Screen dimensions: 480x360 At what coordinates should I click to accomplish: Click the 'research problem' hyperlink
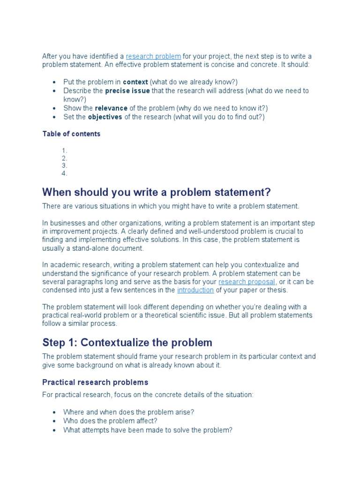tap(153, 56)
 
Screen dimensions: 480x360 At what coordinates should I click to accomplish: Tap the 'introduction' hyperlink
tap(195, 290)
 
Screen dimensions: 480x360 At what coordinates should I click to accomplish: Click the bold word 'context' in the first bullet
tap(135, 82)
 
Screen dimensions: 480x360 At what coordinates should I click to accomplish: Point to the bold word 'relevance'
tap(111, 108)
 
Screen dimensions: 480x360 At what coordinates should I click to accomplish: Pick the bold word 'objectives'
tap(105, 117)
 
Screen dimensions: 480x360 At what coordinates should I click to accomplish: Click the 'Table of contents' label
tap(71, 134)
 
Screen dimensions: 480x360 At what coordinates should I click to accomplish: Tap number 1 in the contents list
tap(64, 150)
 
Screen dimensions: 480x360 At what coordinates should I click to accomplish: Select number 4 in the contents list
tap(64, 173)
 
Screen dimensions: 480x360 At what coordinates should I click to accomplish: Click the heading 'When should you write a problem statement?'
tap(157, 192)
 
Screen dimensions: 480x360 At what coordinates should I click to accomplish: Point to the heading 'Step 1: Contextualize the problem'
tap(127, 342)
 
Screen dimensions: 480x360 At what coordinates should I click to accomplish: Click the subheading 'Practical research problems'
tap(95, 382)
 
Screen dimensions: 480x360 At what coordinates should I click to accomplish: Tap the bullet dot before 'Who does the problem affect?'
tap(55, 421)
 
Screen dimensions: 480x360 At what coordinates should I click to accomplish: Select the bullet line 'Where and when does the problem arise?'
tap(128, 412)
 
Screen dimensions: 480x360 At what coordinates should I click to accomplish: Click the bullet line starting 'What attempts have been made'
tap(148, 430)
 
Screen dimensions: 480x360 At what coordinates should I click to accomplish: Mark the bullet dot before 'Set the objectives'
tap(55, 117)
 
